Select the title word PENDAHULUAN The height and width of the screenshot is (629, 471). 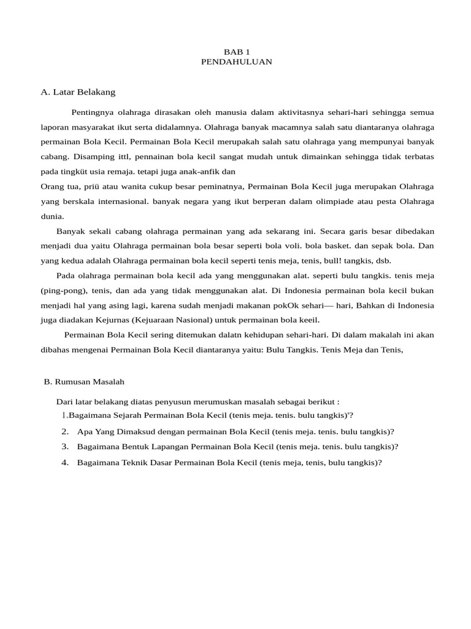tap(236, 62)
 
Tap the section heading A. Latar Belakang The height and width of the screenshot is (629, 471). tap(78, 92)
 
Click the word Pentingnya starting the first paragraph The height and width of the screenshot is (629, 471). tap(92, 112)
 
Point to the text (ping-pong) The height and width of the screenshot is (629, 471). tap(59, 290)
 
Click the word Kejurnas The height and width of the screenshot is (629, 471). tap(108, 319)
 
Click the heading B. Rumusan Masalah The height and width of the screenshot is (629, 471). tap(84, 381)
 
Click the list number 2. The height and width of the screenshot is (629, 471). tap(65, 431)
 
